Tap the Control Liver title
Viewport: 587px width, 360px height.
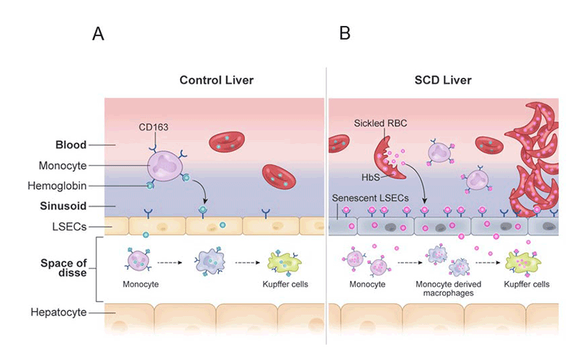point(216,80)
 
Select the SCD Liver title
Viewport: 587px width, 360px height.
point(442,80)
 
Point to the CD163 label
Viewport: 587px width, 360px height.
point(153,127)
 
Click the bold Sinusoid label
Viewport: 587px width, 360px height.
point(70,205)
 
